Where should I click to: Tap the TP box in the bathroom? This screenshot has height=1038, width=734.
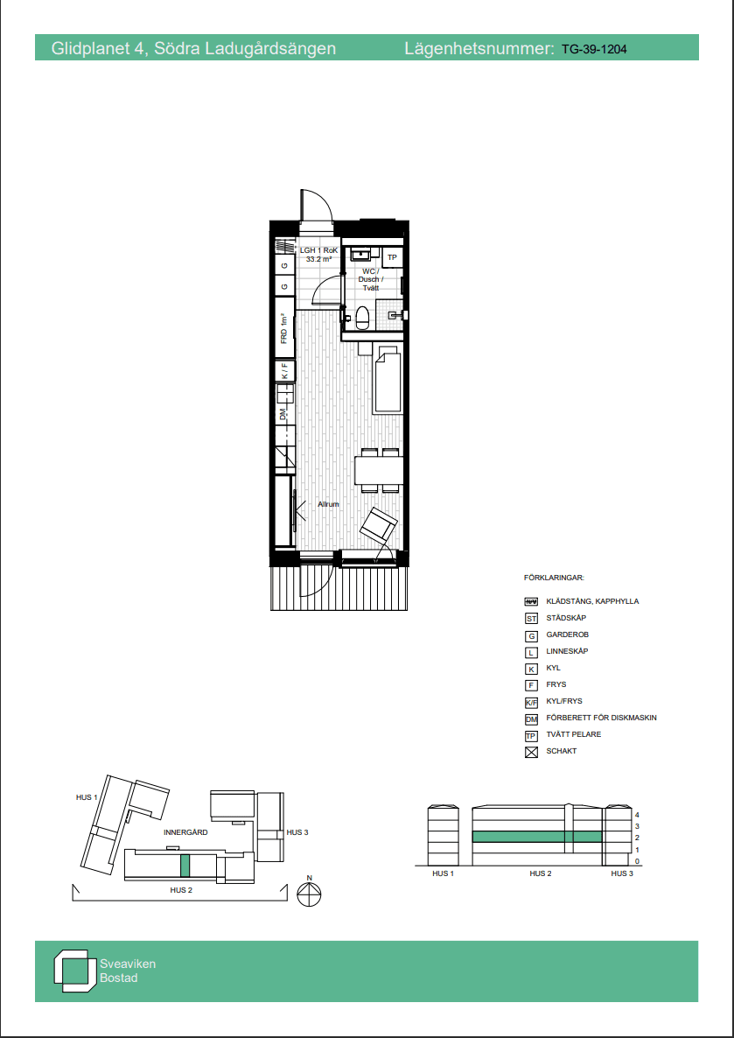392,256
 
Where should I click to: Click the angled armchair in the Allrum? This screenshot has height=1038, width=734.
379,526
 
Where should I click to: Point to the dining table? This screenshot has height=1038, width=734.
379,471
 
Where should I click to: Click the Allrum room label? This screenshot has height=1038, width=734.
328,504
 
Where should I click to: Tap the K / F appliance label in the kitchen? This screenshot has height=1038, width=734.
284,371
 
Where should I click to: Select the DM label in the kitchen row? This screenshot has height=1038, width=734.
283,414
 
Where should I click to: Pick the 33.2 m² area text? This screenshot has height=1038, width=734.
318,259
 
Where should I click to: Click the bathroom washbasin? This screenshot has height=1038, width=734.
362,254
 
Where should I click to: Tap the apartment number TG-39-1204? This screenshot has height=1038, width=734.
594,49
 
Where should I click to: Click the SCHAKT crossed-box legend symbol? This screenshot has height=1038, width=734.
530,751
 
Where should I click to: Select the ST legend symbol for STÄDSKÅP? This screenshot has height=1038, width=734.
530,618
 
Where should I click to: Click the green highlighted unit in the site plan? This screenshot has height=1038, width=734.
185,866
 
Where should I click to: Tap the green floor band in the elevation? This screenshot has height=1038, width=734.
537,837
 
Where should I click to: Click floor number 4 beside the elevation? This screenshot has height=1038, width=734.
637,814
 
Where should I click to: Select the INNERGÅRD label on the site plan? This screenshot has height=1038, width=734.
186,832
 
